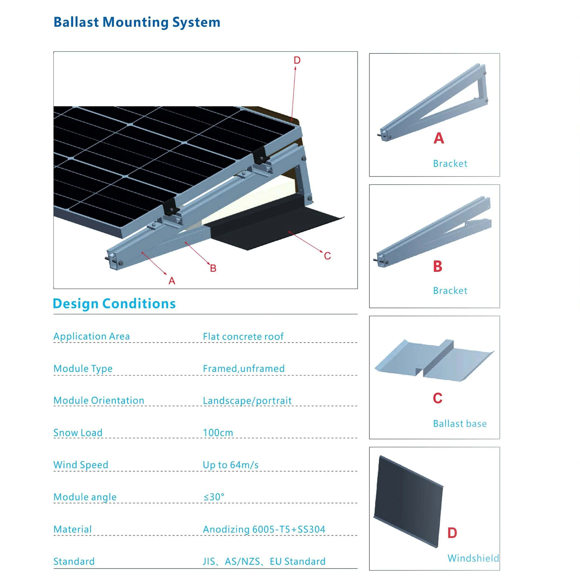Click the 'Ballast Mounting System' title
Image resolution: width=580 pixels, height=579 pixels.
click(137, 22)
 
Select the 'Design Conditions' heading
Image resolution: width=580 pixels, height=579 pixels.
click(114, 304)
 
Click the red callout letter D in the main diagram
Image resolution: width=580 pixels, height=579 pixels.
click(297, 60)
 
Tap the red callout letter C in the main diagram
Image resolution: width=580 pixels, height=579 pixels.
click(327, 256)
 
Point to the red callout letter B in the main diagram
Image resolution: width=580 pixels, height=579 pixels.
click(213, 268)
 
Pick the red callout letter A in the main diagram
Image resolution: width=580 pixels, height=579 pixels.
click(172, 281)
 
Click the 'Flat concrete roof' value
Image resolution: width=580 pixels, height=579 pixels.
click(243, 337)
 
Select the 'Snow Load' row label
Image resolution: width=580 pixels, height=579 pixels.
click(78, 433)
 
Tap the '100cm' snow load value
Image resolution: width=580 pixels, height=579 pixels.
click(218, 433)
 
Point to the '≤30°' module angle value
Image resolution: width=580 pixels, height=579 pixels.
click(214, 497)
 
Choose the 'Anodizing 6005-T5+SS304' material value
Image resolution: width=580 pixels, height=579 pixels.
click(264, 529)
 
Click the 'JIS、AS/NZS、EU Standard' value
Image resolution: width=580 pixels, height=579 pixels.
click(264, 561)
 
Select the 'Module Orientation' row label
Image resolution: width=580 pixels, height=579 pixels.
click(99, 401)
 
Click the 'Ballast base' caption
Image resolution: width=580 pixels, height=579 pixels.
click(460, 424)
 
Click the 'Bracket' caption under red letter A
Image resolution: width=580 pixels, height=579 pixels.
click(450, 163)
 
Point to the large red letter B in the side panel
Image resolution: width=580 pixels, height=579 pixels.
click(438, 266)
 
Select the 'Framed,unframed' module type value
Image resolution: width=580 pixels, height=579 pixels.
click(243, 368)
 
